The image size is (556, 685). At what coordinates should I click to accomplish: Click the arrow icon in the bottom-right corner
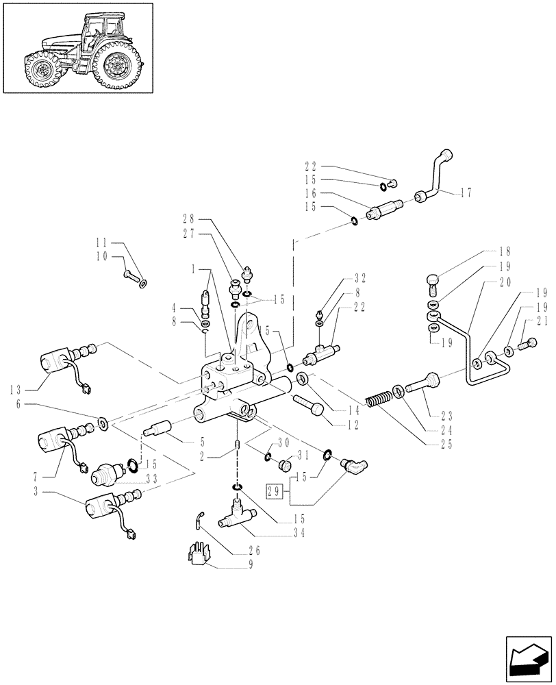(529, 660)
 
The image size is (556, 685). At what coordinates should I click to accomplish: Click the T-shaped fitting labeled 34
(233, 518)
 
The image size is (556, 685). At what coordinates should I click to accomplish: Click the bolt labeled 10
(132, 276)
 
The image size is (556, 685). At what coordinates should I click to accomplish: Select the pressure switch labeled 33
(110, 473)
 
